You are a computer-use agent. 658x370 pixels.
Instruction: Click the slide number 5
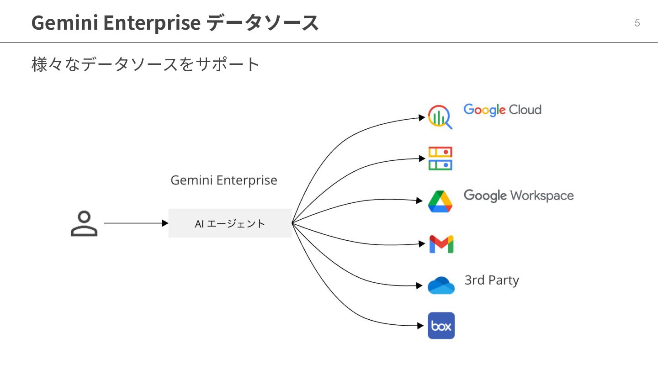pyautogui.click(x=637, y=23)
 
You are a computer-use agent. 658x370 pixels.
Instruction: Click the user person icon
pyautogui.click(x=84, y=223)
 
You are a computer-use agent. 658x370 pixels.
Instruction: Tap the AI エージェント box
pyautogui.click(x=230, y=223)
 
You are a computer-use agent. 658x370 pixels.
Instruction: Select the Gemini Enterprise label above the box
pyautogui.click(x=224, y=180)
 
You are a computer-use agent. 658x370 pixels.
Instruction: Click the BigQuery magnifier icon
pyautogui.click(x=440, y=117)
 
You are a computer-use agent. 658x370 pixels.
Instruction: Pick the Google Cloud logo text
pyautogui.click(x=502, y=110)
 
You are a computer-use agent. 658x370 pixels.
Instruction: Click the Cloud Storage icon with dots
pyautogui.click(x=440, y=159)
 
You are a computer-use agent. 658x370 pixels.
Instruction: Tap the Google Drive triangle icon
pyautogui.click(x=440, y=201)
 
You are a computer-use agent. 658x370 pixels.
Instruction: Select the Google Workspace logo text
pyautogui.click(x=519, y=196)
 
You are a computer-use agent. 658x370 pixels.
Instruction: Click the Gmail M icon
pyautogui.click(x=441, y=244)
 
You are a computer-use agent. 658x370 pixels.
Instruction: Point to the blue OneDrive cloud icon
pyautogui.click(x=441, y=285)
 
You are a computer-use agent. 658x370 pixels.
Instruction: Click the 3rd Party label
pyautogui.click(x=492, y=280)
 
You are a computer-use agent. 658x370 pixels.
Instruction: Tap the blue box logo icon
pyautogui.click(x=441, y=326)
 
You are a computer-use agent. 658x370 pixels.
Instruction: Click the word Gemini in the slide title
pyautogui.click(x=62, y=23)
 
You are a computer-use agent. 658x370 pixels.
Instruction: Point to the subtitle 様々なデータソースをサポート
pyautogui.click(x=146, y=64)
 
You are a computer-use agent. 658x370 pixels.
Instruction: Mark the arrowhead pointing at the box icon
pyautogui.click(x=421, y=326)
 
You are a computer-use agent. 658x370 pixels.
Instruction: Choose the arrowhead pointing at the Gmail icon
pyautogui.click(x=422, y=244)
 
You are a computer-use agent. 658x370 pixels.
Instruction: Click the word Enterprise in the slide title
pyautogui.click(x=149, y=23)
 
